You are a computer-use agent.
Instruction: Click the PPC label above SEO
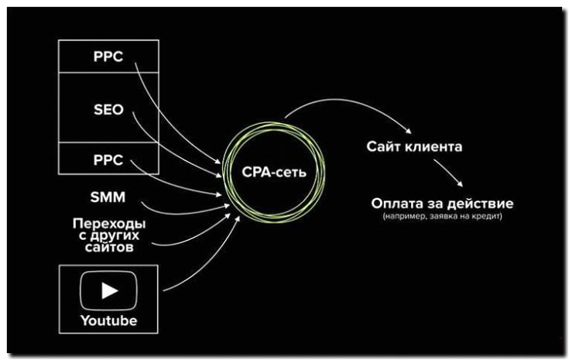pos(108,57)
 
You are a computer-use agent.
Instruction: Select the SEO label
pos(108,109)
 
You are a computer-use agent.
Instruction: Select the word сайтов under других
pos(109,249)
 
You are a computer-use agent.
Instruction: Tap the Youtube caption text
pos(108,320)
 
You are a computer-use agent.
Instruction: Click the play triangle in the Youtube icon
pos(109,290)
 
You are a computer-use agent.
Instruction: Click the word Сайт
pos(383,146)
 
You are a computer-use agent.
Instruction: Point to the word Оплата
pos(395,204)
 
